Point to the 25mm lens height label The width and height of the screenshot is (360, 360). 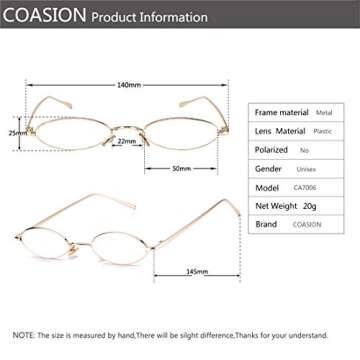pos(14,132)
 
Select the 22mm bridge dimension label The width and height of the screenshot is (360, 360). pos(126,141)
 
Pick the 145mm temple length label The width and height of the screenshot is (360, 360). pos(197,271)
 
